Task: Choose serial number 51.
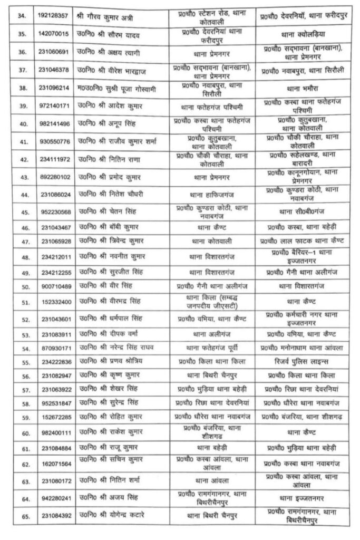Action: tap(22, 302)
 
